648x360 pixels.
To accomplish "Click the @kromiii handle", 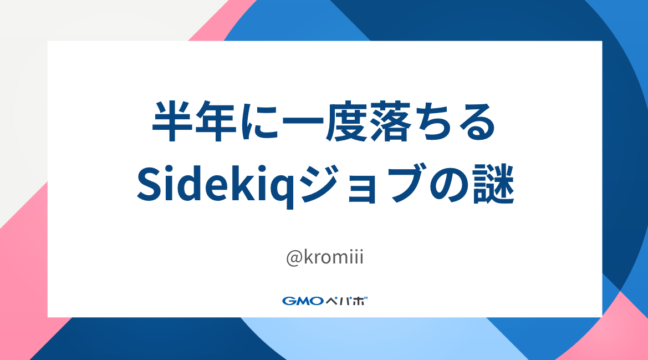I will click(x=324, y=258).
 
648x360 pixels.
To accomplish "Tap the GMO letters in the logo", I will click(x=303, y=301).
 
